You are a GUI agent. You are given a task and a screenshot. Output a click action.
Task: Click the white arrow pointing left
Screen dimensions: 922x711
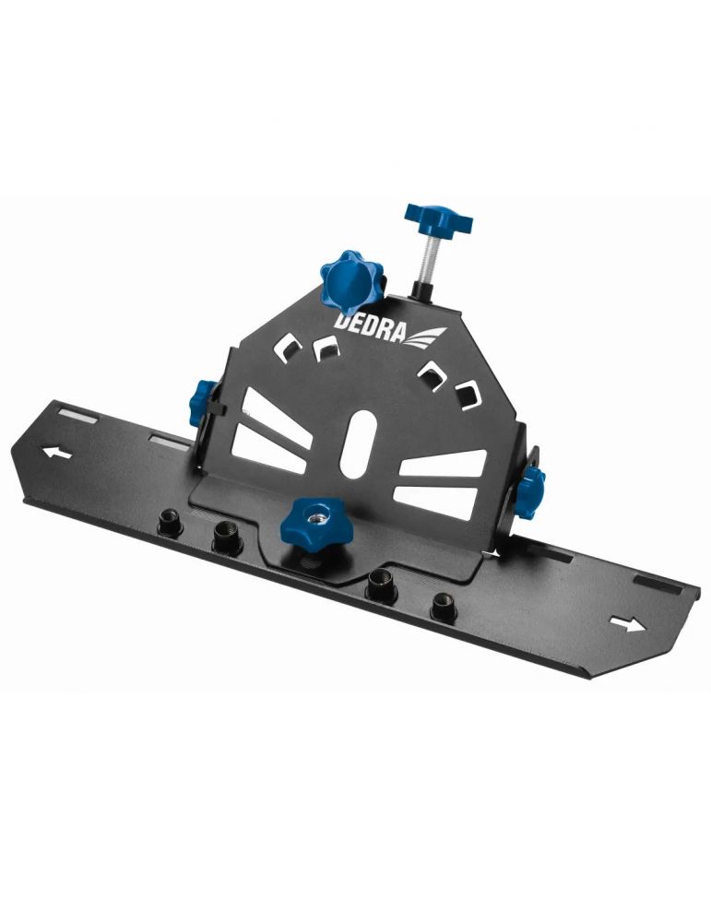point(57,453)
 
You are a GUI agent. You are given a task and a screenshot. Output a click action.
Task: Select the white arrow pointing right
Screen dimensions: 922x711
point(629,624)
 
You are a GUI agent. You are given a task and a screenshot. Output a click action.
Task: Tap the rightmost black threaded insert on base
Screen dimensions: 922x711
point(444,606)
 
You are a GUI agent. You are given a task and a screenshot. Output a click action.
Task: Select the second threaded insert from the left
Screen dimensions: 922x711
point(227,537)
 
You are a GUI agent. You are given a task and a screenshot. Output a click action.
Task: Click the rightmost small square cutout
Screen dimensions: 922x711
point(469,393)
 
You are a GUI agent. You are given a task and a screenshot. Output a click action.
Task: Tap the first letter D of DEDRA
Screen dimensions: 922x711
point(341,324)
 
